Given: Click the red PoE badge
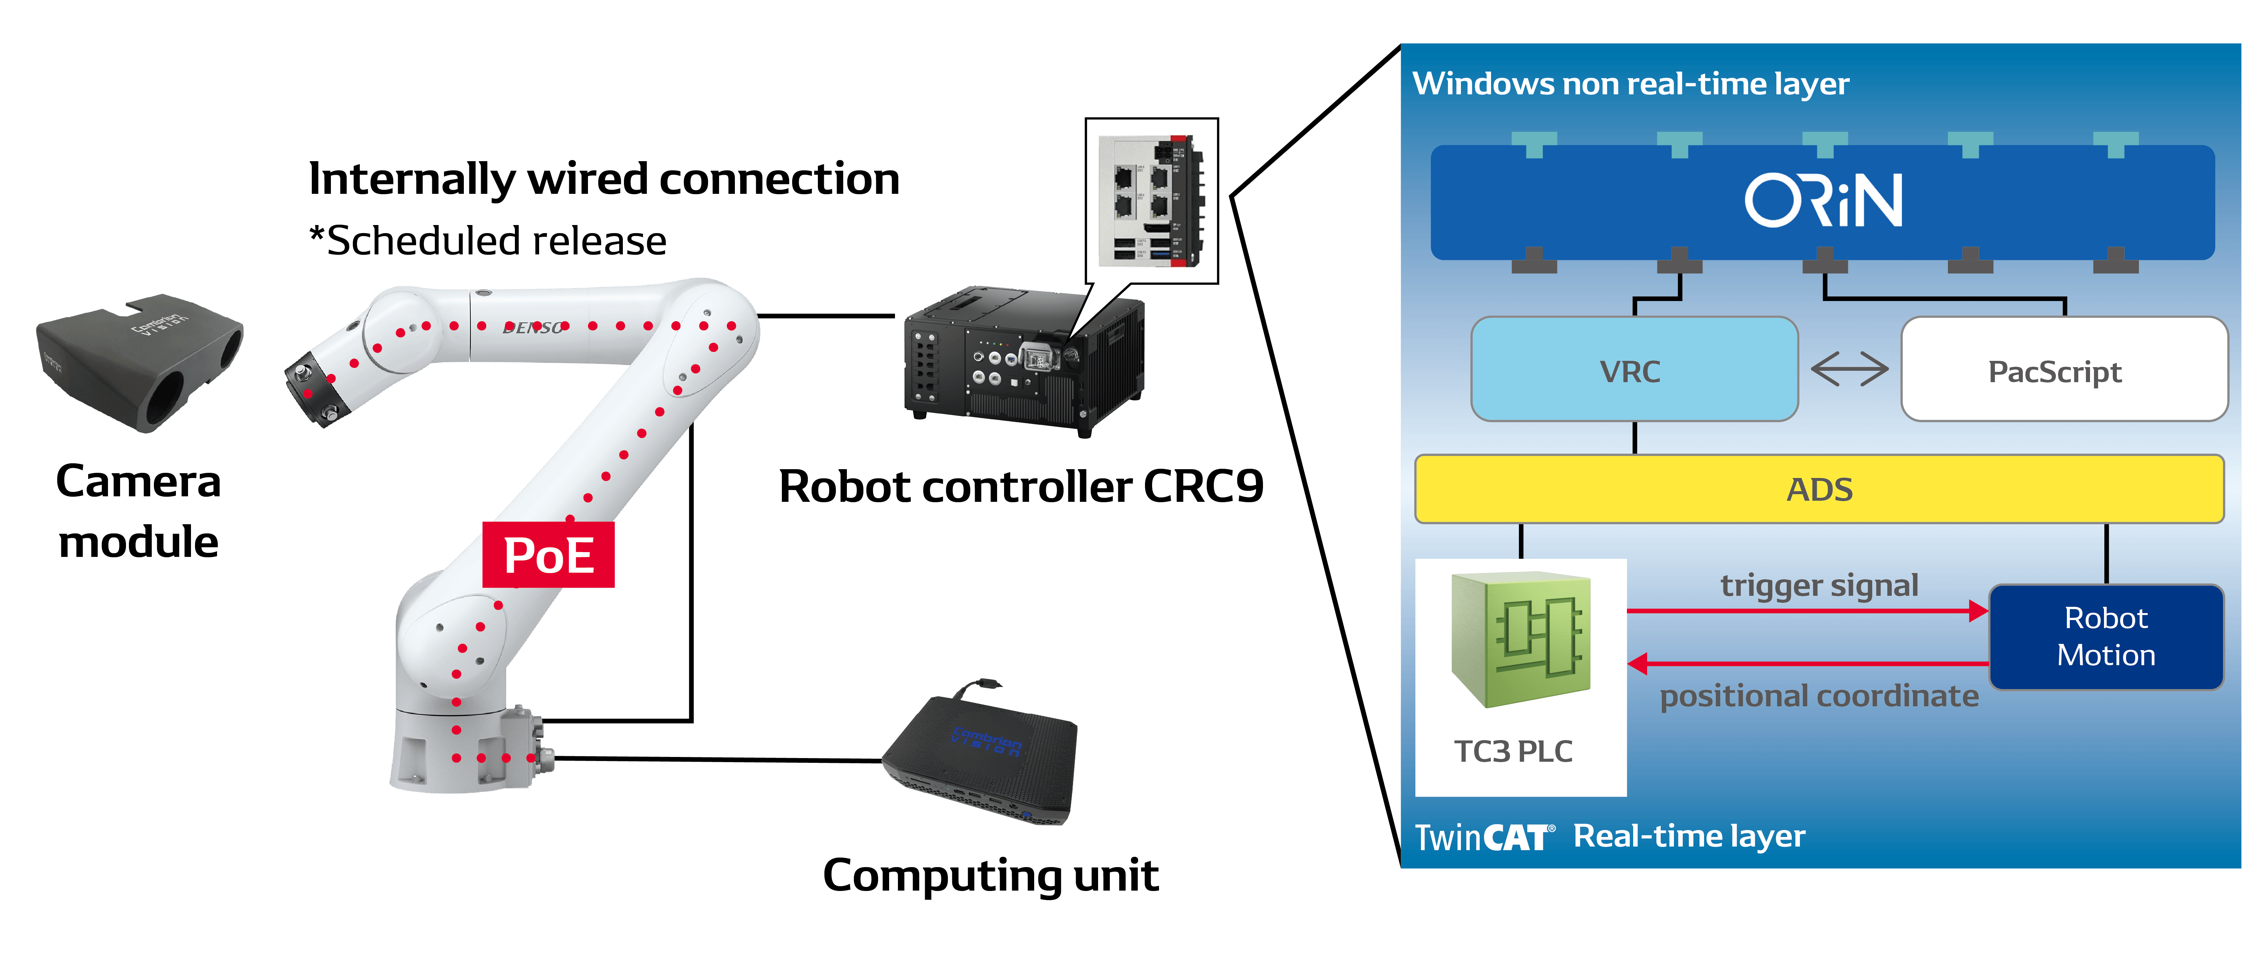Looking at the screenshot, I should click(548, 555).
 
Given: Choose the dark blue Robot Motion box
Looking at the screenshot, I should click(2106, 637).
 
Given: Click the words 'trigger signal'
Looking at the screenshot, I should click(1819, 585).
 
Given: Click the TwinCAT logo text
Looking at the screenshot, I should click(1485, 837).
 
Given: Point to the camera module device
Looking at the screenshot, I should click(141, 360).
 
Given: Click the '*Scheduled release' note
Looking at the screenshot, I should click(488, 241).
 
